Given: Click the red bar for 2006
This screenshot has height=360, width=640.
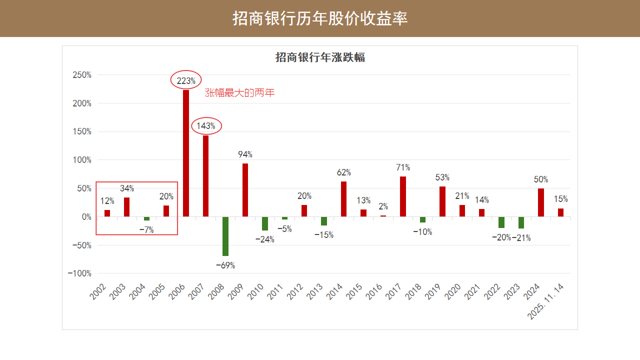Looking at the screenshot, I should [x=186, y=153].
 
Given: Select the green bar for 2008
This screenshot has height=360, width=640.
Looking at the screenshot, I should [x=225, y=236].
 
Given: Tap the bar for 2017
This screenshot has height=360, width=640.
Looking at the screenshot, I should [x=403, y=196].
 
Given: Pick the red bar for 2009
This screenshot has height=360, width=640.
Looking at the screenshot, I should [x=245, y=190].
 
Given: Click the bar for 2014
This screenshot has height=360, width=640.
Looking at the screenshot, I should [x=344, y=199].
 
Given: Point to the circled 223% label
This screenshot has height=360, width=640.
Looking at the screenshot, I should [x=186, y=80].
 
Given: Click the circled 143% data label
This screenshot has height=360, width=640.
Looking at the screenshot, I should [x=206, y=126].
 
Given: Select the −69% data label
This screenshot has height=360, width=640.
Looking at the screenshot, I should [x=225, y=265].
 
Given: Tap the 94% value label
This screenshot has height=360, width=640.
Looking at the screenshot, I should [x=245, y=154].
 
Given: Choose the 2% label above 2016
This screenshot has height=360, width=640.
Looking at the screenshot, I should [x=383, y=206].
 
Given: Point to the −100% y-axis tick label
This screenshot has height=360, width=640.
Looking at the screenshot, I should [x=80, y=273].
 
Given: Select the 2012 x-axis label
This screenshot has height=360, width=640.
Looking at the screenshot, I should [x=296, y=292].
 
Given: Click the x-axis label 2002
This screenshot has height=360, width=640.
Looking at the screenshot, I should [x=98, y=292].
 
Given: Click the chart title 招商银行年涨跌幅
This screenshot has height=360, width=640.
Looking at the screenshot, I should [x=320, y=57].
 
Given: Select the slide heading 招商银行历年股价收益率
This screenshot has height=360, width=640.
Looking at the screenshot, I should [x=320, y=18].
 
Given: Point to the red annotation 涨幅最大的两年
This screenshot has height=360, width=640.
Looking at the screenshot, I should [x=240, y=93].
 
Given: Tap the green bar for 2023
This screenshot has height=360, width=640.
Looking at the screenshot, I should [x=521, y=222].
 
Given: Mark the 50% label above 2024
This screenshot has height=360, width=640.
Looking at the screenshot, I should [x=541, y=179].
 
